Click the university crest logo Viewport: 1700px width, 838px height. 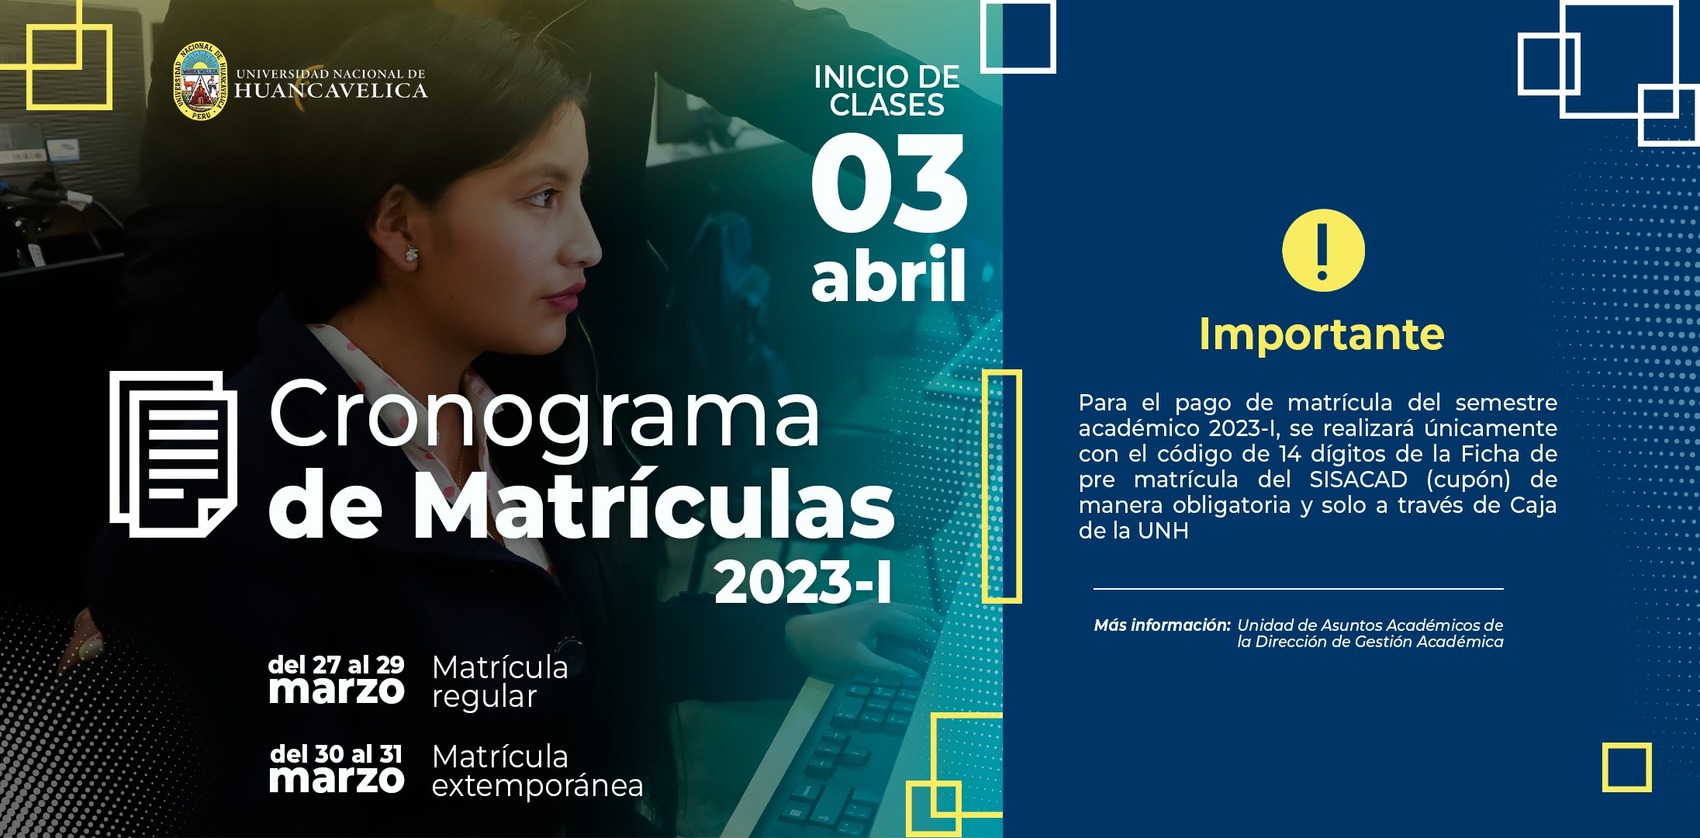[x=200, y=81]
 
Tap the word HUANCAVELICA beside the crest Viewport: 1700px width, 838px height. [x=331, y=92]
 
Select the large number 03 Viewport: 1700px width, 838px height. [x=890, y=184]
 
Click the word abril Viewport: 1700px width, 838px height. [x=889, y=275]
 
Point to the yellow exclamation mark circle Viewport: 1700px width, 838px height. [x=1322, y=251]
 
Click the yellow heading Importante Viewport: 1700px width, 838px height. [x=1322, y=334]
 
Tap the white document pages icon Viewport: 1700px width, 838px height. [x=173, y=454]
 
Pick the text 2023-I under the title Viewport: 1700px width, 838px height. [x=803, y=583]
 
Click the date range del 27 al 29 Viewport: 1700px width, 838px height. [x=336, y=665]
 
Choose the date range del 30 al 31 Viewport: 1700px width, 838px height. [x=336, y=754]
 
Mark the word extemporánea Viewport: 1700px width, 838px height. [x=537, y=786]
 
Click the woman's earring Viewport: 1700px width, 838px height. [x=410, y=253]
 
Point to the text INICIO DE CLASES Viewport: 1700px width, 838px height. [x=887, y=91]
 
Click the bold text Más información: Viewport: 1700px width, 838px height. [x=1162, y=625]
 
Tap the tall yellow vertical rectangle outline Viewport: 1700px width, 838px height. [x=1002, y=487]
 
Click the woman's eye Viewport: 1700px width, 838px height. [x=543, y=197]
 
